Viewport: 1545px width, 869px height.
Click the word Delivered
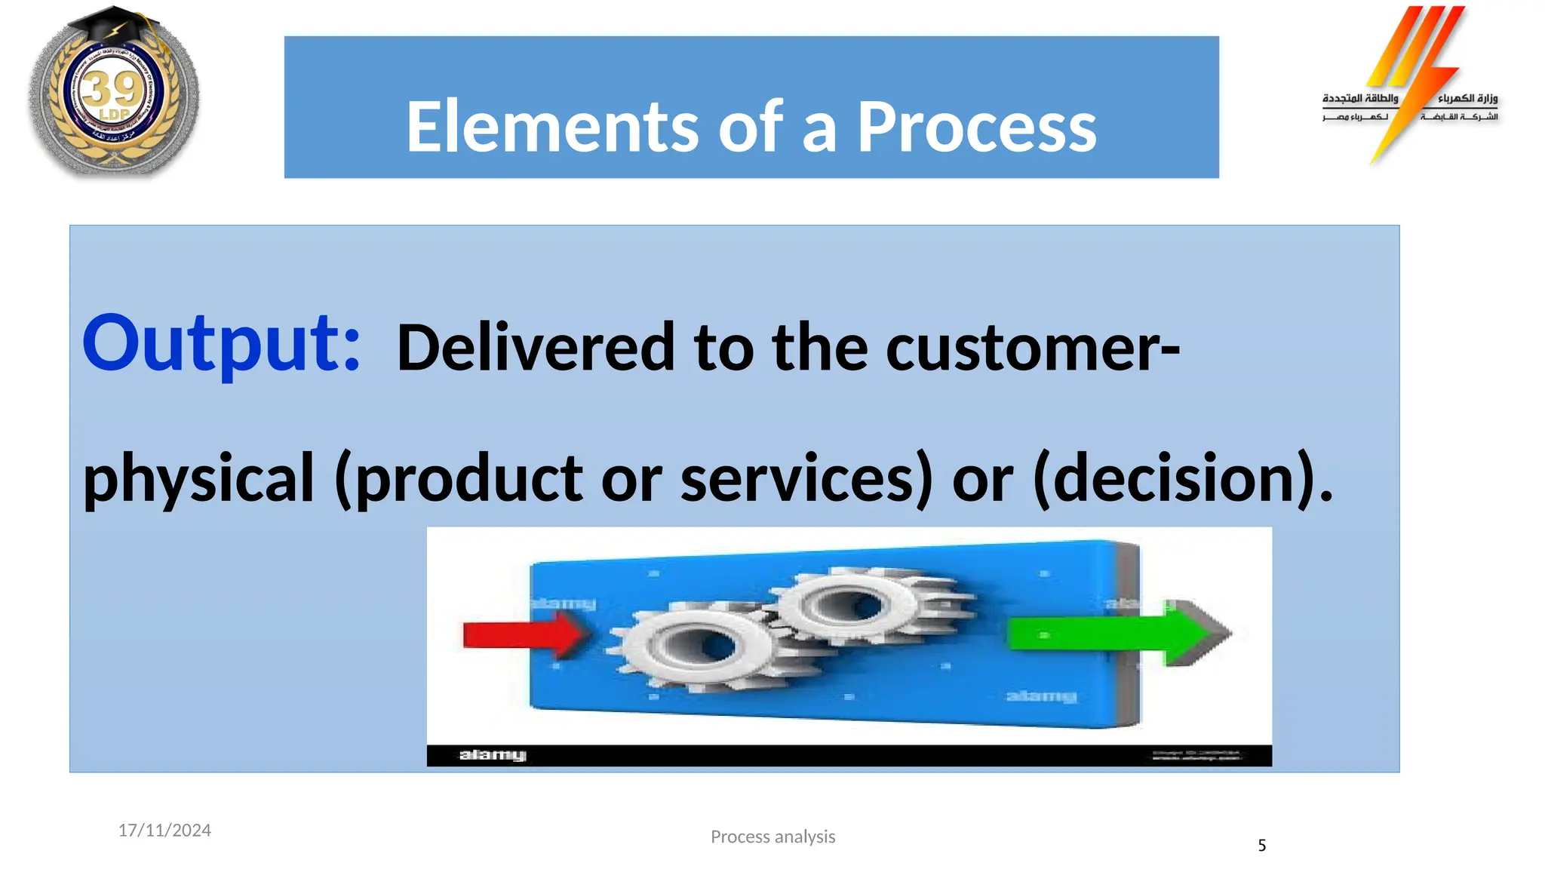536,348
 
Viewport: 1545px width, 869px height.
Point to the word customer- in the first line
1033,348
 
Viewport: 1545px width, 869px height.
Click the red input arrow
521,635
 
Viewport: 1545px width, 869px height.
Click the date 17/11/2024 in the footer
164,831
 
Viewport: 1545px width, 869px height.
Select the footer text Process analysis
772,837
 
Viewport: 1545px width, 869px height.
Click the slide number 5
1261,846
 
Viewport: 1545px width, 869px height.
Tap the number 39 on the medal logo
112,90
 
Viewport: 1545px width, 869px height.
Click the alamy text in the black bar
493,755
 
